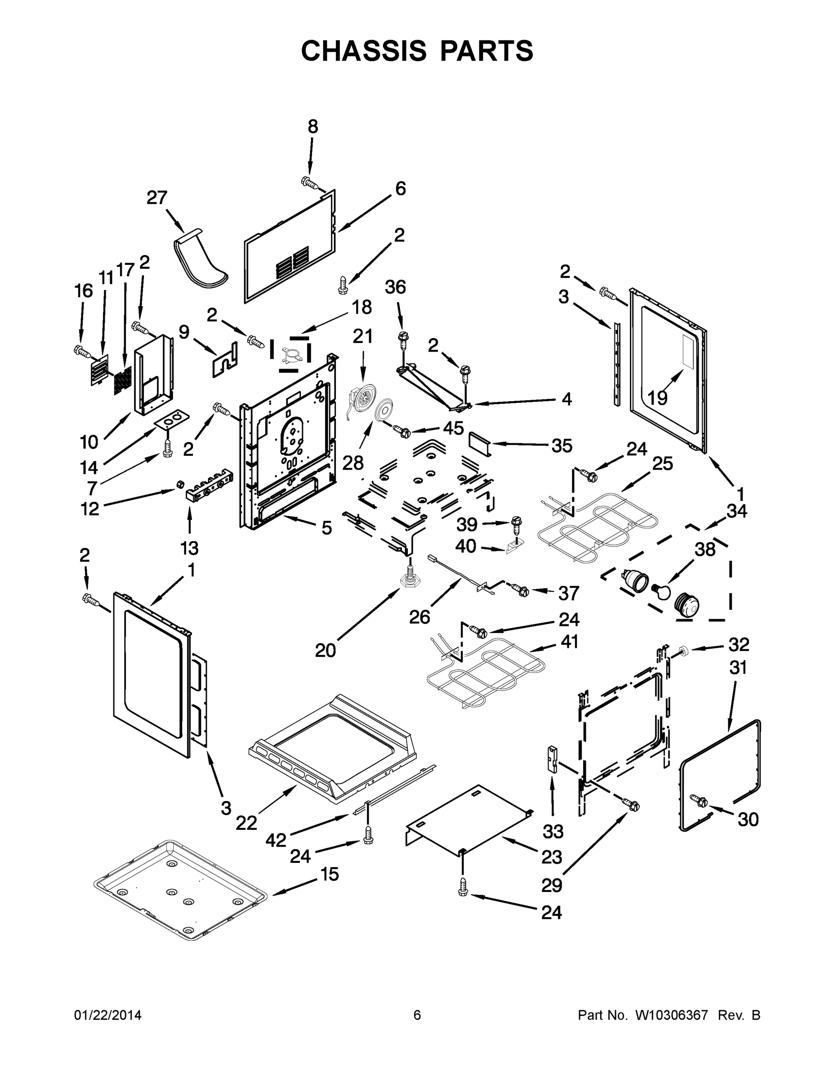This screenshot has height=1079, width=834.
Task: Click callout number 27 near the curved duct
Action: [157, 198]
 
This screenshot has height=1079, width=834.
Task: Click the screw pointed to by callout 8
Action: [310, 183]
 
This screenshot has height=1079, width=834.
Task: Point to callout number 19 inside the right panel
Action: [658, 397]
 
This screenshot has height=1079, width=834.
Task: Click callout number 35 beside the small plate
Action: [562, 446]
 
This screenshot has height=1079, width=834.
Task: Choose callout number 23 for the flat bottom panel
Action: [551, 857]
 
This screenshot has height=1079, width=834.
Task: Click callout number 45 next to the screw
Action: [453, 428]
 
